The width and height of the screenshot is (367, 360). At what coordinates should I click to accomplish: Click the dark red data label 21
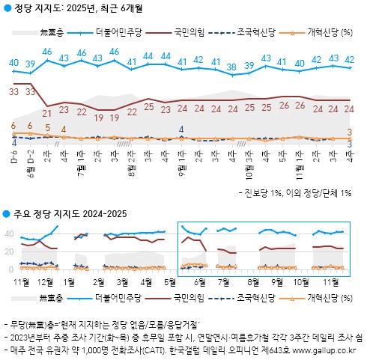47,113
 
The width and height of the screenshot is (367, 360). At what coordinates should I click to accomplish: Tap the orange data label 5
47,127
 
